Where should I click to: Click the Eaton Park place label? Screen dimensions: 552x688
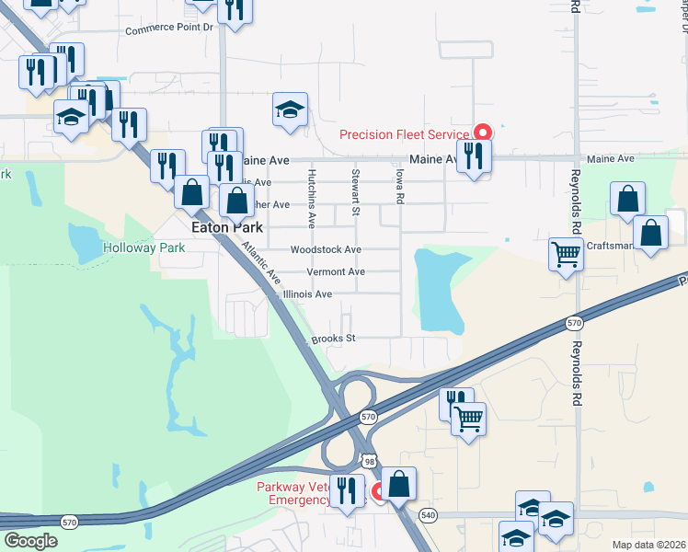coord(225,227)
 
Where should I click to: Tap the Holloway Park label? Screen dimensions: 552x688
coord(143,247)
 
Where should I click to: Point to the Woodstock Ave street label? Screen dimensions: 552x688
coord(326,249)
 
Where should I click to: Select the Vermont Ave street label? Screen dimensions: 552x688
coord(336,272)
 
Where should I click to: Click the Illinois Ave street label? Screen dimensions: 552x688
coord(308,294)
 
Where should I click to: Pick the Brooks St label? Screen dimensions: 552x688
coord(333,339)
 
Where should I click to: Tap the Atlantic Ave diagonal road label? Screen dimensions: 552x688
coord(261,261)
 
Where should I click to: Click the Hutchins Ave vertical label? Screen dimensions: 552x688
coord(312,198)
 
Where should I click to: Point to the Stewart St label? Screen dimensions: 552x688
coord(355,193)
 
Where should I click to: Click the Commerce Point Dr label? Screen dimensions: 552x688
coord(168,29)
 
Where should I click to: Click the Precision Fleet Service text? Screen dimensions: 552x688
coord(405,134)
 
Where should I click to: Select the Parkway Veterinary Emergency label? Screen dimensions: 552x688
coord(292,492)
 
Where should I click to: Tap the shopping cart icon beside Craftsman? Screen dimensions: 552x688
coord(566,252)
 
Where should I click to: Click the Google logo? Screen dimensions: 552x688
coord(30,542)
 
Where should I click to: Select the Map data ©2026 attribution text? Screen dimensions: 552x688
coord(648,545)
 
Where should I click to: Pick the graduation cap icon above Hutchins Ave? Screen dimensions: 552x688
coord(290,109)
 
